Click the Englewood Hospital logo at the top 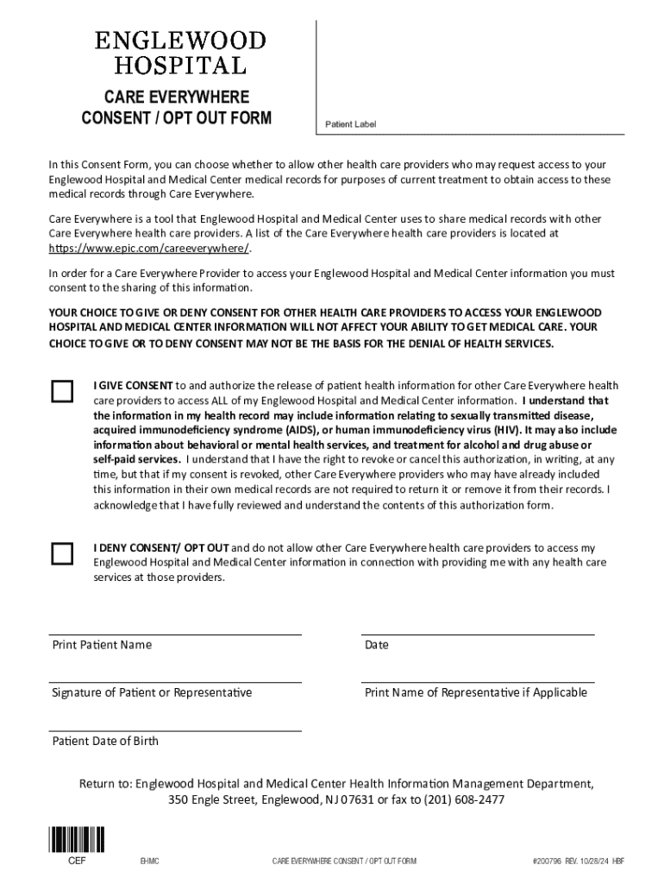point(180,53)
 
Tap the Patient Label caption point(350,125)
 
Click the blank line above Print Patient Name point(176,633)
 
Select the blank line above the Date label point(479,633)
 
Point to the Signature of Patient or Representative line point(176,681)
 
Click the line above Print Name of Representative point(479,681)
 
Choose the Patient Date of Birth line point(176,729)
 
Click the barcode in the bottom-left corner point(78,840)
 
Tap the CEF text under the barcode point(78,861)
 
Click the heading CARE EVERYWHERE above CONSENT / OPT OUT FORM point(177,97)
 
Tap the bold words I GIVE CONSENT point(134,385)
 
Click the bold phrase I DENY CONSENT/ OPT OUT point(161,548)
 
